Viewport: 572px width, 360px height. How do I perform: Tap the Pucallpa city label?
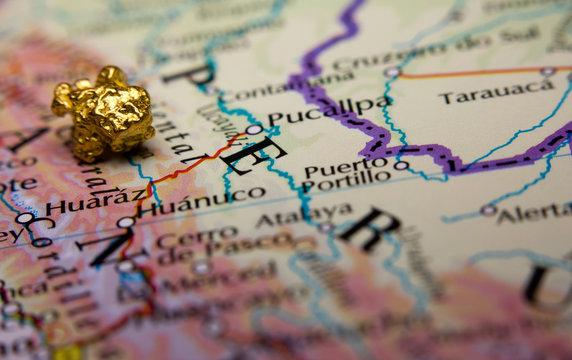point(329,111)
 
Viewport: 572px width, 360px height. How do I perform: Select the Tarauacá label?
point(496,92)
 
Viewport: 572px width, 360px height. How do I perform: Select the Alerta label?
point(535,211)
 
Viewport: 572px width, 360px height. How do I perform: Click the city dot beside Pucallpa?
point(254,130)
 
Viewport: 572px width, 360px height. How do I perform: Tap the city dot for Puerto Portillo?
point(401,165)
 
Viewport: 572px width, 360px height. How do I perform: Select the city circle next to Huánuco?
point(126,222)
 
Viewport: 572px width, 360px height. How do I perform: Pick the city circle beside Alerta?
point(488,210)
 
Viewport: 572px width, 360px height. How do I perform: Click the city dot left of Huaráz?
point(24,217)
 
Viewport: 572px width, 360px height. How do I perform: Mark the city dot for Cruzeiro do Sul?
point(391,72)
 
